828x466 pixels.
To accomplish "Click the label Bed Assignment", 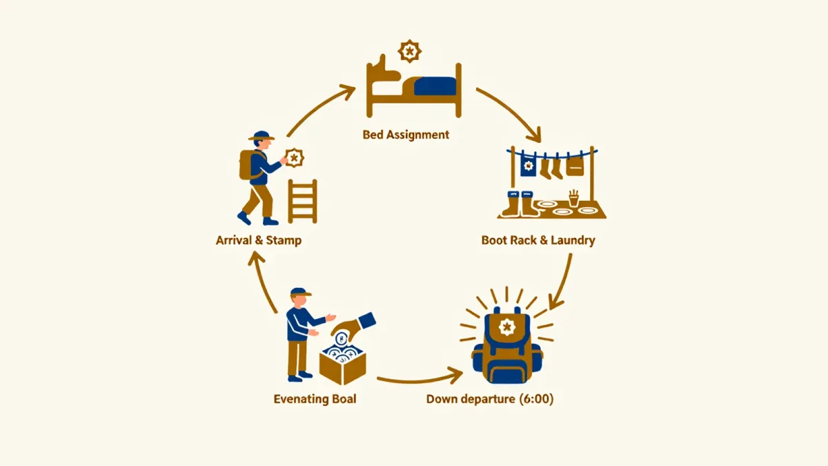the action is click(x=406, y=135).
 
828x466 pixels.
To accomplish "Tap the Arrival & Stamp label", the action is click(x=259, y=240).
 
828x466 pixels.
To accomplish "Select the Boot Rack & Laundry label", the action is click(x=538, y=240).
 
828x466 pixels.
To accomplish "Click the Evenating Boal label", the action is click(x=315, y=399).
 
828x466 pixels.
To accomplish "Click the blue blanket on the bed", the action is click(x=435, y=86).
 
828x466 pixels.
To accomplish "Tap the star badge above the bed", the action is click(x=410, y=51).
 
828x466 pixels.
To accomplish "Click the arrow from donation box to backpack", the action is click(x=420, y=378).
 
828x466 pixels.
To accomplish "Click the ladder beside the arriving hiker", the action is click(x=302, y=201).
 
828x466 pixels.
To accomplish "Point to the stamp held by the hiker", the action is click(x=294, y=158).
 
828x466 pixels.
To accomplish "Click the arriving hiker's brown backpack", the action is click(x=246, y=164).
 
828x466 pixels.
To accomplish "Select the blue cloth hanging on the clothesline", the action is click(x=529, y=166).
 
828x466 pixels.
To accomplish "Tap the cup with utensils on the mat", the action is click(x=573, y=198).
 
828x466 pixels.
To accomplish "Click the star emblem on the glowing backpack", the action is click(x=506, y=327).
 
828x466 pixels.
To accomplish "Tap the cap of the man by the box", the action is click(x=300, y=292).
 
